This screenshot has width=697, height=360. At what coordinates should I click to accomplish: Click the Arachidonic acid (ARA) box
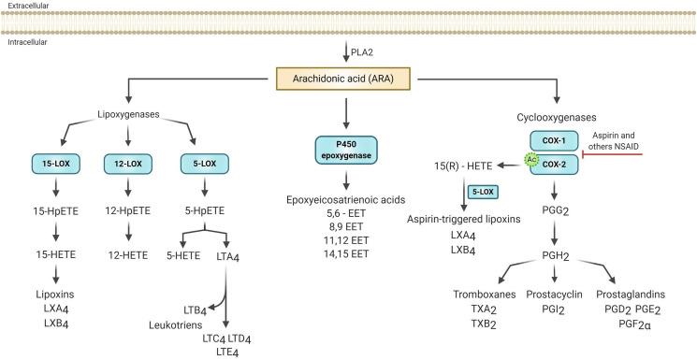pos(348,82)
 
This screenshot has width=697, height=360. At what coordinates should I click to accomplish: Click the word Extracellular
pos(28,7)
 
